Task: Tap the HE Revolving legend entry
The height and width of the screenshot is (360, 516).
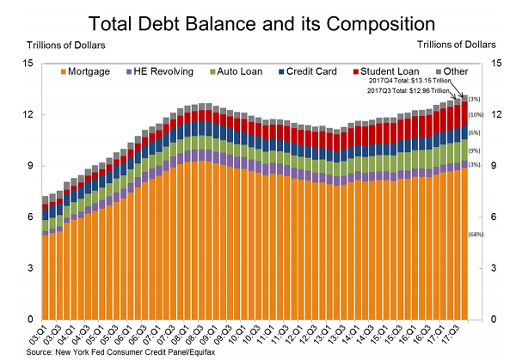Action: pos(155,71)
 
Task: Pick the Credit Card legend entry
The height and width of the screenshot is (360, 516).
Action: pos(298,71)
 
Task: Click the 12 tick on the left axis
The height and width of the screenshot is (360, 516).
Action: pos(28,114)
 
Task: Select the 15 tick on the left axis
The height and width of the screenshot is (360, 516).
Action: pos(28,63)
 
